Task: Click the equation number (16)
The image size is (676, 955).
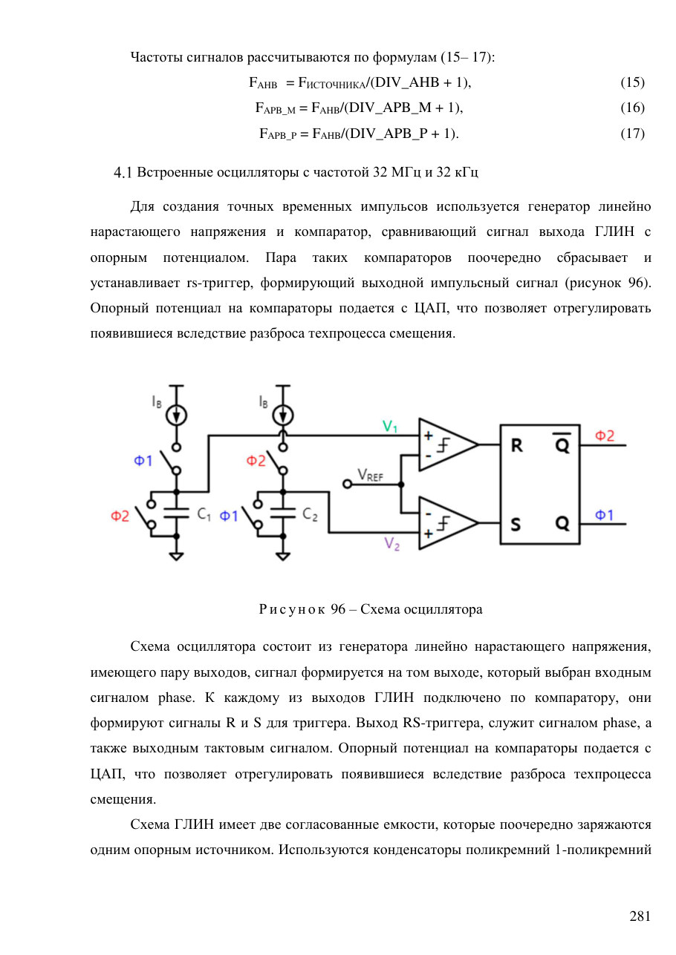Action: click(632, 108)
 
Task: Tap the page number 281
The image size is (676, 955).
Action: click(640, 916)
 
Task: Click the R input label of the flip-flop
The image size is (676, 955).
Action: click(516, 445)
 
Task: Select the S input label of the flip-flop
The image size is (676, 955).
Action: click(516, 524)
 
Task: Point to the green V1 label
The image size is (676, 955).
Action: click(389, 427)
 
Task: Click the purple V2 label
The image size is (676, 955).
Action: click(391, 544)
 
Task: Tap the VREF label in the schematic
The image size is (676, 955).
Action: click(370, 475)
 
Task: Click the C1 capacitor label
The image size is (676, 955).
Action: click(204, 514)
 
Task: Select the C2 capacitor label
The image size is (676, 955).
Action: click(310, 514)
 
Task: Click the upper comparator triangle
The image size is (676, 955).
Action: click(448, 444)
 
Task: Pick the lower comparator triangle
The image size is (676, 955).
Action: click(448, 523)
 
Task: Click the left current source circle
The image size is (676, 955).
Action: click(176, 416)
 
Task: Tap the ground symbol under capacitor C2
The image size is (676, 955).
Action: click(283, 556)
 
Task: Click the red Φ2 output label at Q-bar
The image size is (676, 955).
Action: click(604, 436)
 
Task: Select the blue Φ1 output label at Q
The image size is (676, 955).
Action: click(604, 515)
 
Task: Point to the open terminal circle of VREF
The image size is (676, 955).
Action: click(348, 485)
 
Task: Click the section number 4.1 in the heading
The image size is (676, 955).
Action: click(123, 173)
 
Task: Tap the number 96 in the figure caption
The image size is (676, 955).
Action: click(338, 608)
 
